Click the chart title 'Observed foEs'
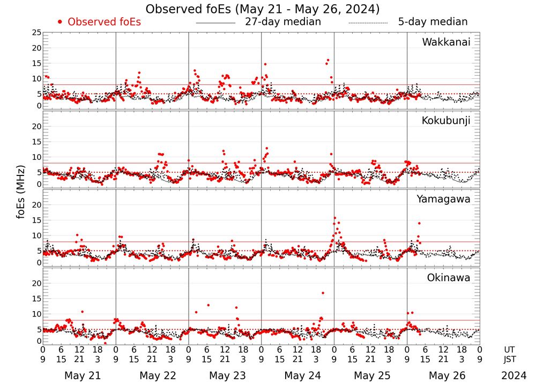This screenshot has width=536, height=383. (x=263, y=9)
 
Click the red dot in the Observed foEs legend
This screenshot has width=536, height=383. (x=60, y=22)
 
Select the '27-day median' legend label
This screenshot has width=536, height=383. (x=283, y=22)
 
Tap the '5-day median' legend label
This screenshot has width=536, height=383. (x=433, y=22)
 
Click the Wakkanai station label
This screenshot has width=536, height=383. (x=446, y=42)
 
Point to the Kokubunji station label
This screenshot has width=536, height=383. (x=445, y=121)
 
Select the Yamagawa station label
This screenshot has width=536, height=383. (x=444, y=199)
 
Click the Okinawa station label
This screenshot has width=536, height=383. (x=449, y=278)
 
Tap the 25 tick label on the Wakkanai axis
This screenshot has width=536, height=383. (x=36, y=33)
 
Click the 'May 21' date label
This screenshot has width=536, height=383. (x=83, y=375)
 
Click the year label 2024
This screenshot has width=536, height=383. (x=513, y=375)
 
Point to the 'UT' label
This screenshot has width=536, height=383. (x=510, y=349)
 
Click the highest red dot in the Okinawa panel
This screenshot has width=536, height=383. (x=323, y=293)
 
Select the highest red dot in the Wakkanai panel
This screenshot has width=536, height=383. (x=328, y=60)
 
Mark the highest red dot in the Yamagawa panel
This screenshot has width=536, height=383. (x=335, y=218)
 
